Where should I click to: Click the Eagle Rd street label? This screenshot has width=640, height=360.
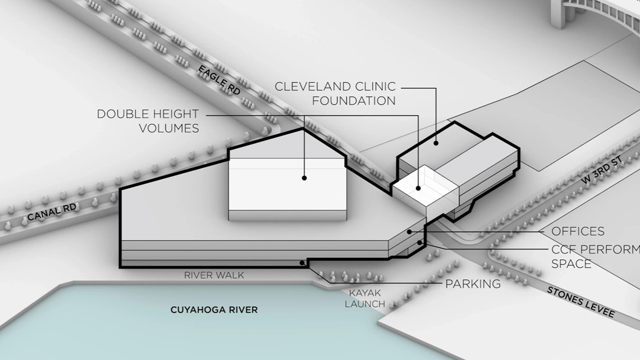pyautogui.click(x=219, y=80)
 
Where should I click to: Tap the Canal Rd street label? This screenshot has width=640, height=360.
pyautogui.click(x=52, y=212)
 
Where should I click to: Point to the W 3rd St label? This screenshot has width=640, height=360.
pyautogui.click(x=602, y=170)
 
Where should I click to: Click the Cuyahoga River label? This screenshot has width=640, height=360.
pyautogui.click(x=214, y=310)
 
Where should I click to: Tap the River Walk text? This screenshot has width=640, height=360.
pyautogui.click(x=214, y=275)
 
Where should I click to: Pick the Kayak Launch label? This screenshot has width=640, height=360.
pyautogui.click(x=365, y=298)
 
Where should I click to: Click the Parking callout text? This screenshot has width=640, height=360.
pyautogui.click(x=473, y=284)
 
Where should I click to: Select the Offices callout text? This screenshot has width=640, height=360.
pyautogui.click(x=578, y=231)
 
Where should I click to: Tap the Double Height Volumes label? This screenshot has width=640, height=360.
pyautogui.click(x=148, y=121)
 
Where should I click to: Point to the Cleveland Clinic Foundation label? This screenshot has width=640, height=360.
pyautogui.click(x=335, y=93)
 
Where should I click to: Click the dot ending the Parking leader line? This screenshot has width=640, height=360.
pyautogui.click(x=302, y=263)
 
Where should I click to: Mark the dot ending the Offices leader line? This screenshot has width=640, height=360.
pyautogui.click(x=409, y=232)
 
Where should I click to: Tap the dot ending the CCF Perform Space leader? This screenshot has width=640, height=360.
pyautogui.click(x=419, y=243)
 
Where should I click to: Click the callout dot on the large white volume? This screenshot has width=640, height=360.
pyautogui.click(x=304, y=178)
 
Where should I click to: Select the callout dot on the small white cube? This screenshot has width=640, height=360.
pyautogui.click(x=418, y=188)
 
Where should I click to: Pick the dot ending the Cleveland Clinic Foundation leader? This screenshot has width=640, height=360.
pyautogui.click(x=436, y=143)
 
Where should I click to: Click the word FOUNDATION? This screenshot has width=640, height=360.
pyautogui.click(x=354, y=101)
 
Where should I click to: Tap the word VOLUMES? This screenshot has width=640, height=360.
pyautogui.click(x=169, y=128)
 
